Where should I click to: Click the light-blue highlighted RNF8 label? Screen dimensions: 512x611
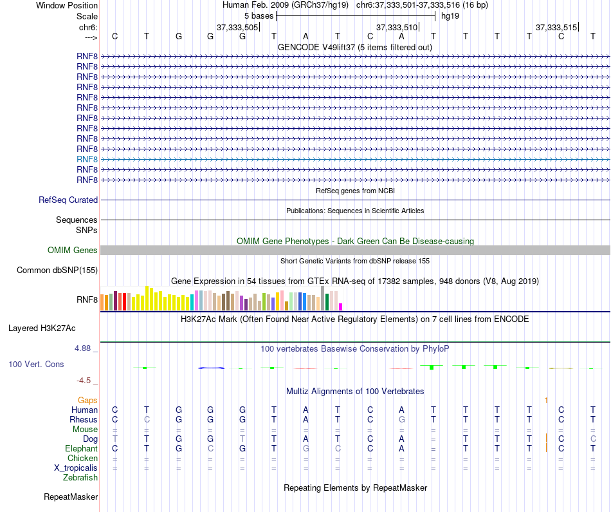pos(87,159)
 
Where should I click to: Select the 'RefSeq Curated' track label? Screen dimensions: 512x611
pos(68,200)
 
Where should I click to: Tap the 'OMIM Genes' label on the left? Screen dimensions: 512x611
pos(73,251)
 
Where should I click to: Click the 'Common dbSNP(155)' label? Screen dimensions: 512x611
pos(57,270)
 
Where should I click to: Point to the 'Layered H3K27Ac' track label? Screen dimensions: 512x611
pos(42,328)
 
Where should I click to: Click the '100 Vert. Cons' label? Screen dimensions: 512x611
pos(36,365)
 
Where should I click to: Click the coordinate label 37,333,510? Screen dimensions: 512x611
pos(397,27)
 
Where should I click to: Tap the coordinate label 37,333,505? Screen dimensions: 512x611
pos(237,27)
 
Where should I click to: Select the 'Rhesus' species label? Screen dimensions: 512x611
pos(84,420)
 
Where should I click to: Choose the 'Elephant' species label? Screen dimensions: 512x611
pos(82,449)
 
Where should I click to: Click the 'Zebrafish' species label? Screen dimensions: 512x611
pos(80,478)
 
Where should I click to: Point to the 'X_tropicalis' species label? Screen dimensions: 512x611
pos(76,468)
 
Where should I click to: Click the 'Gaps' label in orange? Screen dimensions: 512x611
pos(87,401)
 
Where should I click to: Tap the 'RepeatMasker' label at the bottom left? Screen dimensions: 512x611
pos(71,497)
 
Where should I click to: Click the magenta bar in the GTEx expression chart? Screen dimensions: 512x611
pos(341,307)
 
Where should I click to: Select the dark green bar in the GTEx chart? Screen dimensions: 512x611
pos(327,301)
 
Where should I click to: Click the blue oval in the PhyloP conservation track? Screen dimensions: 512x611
pos(211,368)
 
